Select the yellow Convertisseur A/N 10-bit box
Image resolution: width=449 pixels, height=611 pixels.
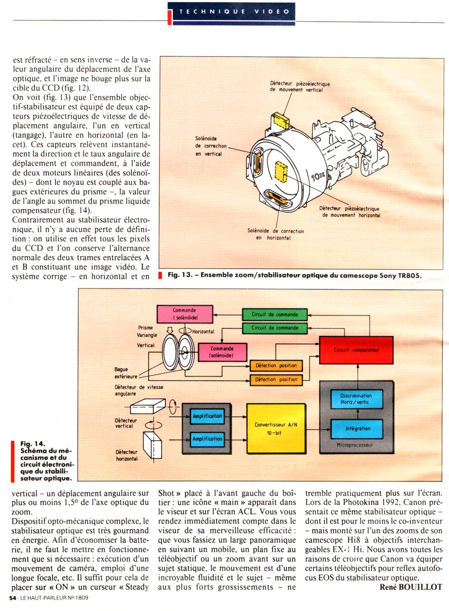(x=276, y=429)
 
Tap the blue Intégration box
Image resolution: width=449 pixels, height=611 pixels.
(x=357, y=429)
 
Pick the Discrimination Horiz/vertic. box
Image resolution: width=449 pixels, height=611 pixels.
(x=356, y=399)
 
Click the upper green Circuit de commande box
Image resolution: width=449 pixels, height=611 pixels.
(x=274, y=314)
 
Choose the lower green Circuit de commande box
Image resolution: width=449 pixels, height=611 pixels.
(x=274, y=328)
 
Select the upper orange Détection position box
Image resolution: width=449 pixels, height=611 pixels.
(x=276, y=366)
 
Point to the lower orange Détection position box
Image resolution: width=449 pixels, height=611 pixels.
(x=276, y=379)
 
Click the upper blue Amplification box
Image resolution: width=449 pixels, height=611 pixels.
(x=207, y=416)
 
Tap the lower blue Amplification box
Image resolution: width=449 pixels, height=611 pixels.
(x=207, y=439)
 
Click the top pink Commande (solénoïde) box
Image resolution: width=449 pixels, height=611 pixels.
(x=184, y=314)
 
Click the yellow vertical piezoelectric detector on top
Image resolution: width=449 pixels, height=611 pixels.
(x=280, y=118)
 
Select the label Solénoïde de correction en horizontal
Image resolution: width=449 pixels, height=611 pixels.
(x=275, y=234)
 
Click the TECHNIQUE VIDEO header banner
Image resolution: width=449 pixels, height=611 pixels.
(x=234, y=12)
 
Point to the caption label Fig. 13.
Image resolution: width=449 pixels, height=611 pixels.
(x=180, y=275)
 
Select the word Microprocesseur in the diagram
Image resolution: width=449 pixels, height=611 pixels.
(x=354, y=445)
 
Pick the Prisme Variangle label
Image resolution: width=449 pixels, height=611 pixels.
(x=147, y=331)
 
